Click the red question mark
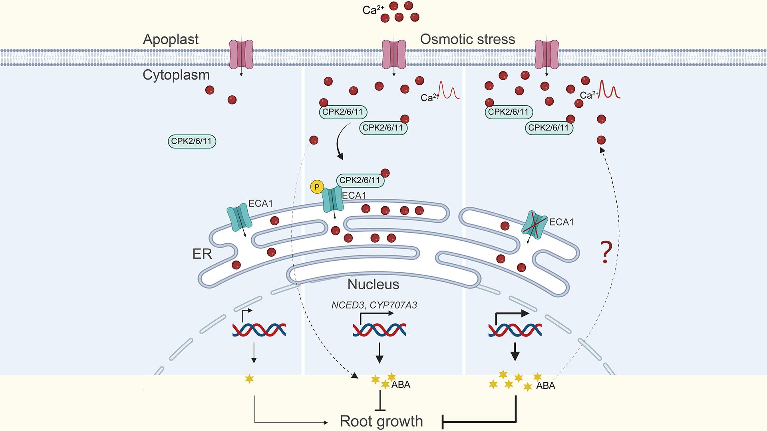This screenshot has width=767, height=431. [x=606, y=252]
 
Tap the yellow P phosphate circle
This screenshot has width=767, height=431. [x=317, y=187]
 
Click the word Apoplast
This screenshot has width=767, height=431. [x=171, y=40]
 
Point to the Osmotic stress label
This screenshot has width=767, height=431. [x=467, y=40]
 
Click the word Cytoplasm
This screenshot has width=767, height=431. [x=176, y=75]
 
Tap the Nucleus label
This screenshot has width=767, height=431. [x=373, y=284]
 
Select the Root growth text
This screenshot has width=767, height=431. [x=381, y=421]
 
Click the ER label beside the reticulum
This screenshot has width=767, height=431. [x=202, y=254]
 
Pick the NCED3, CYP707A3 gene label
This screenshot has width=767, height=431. [x=374, y=305]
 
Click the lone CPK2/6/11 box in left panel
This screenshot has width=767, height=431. [x=191, y=141]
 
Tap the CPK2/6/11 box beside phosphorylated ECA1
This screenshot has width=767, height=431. [x=360, y=180]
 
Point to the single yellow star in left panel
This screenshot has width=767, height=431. [x=249, y=379]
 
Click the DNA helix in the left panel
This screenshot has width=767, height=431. [x=259, y=330]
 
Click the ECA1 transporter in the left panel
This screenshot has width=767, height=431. [x=238, y=218]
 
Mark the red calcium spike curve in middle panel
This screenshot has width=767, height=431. [x=449, y=91]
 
